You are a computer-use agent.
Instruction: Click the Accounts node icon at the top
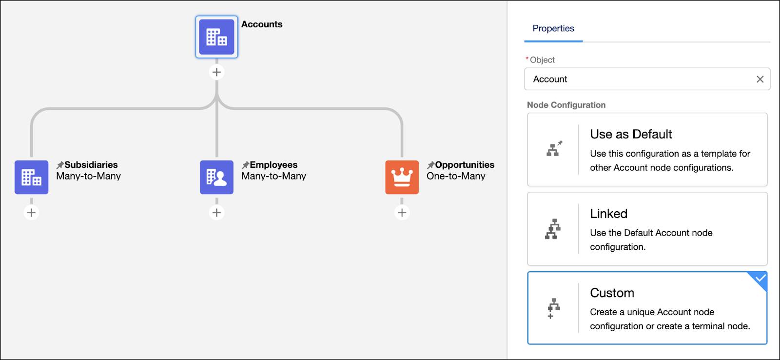coord(216,37)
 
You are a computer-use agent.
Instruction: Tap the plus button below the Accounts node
coord(216,72)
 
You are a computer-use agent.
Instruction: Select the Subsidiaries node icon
coord(31,177)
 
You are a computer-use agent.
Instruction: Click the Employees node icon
coord(216,177)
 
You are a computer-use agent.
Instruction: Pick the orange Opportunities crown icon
coord(402,177)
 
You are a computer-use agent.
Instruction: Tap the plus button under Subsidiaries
coord(31,213)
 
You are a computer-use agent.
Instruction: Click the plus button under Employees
coord(216,213)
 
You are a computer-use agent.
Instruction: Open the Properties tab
coord(553,28)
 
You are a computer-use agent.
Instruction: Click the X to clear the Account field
coord(760,79)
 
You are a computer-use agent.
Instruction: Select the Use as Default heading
coord(631,134)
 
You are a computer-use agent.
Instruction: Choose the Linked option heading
coord(608,214)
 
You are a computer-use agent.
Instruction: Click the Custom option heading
coord(612,293)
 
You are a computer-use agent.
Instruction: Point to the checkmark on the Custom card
coord(760,279)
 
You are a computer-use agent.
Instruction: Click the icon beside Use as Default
coord(554,149)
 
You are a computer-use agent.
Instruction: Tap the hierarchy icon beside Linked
coord(553,229)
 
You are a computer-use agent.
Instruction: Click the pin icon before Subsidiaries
coord(60,165)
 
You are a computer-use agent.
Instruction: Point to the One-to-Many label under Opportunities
coord(456,176)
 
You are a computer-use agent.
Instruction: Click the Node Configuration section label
coord(566,105)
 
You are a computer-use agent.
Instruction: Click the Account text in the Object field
coord(550,79)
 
